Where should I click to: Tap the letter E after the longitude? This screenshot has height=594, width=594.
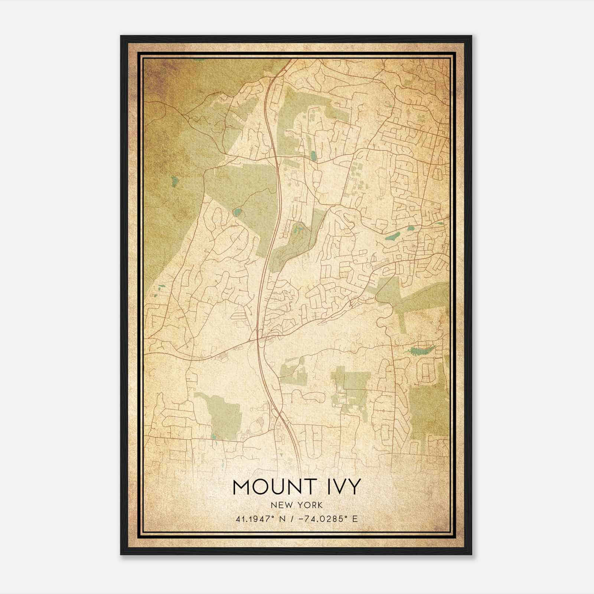(x=355, y=519)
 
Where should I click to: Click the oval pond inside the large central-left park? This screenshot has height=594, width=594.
(x=236, y=213)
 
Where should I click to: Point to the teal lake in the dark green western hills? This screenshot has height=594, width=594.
(x=174, y=181)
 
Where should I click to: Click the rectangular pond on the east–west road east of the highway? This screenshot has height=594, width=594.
(x=314, y=156)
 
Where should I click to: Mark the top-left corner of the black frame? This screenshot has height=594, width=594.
(x=121, y=36)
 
